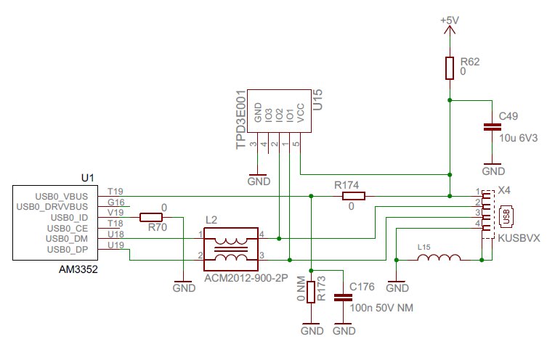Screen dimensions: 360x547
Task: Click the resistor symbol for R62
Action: [450, 67]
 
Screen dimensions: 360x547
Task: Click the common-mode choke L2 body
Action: [231, 247]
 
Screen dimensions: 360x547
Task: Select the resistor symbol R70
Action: [150, 217]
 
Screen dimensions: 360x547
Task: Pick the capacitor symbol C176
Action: [340, 297]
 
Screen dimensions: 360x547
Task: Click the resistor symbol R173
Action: [311, 292]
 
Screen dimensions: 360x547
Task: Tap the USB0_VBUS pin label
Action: [61, 196]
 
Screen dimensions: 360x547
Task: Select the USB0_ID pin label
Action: [71, 217]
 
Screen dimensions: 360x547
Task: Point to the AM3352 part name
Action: [78, 269]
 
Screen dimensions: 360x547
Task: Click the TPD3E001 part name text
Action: [240, 120]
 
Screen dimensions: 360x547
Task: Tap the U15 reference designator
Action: [317, 100]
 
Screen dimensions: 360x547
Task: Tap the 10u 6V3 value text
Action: [519, 136]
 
